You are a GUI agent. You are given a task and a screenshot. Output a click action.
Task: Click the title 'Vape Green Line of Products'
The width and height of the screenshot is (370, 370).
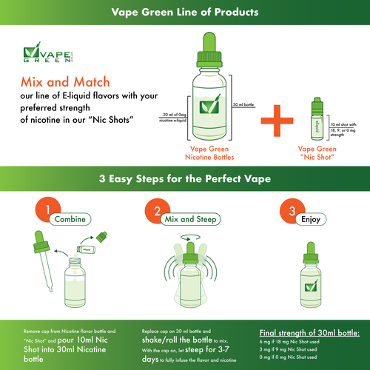coord(184,13)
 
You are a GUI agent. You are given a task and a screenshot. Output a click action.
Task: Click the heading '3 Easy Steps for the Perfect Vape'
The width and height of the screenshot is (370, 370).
coord(184,178)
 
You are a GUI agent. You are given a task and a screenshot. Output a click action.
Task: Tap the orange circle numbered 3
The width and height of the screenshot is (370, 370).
coord(288,211)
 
